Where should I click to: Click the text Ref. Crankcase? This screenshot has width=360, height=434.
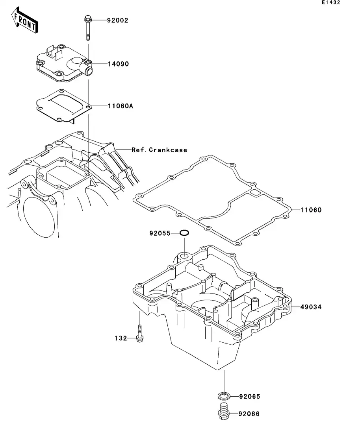pyautogui.click(x=159, y=150)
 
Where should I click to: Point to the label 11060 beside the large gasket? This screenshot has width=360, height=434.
pyautogui.click(x=311, y=210)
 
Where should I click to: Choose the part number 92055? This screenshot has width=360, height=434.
pyautogui.click(x=160, y=233)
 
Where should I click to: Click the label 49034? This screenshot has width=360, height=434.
pyautogui.click(x=311, y=307)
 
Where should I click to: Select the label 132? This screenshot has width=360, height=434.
pyautogui.click(x=121, y=338)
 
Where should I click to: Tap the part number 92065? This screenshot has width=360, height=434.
pyautogui.click(x=249, y=397)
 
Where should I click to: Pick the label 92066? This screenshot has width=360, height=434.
pyautogui.click(x=249, y=414)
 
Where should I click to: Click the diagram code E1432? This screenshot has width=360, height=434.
pyautogui.click(x=330, y=2)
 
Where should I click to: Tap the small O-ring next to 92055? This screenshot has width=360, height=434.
pyautogui.click(x=184, y=233)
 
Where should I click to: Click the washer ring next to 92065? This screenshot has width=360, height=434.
pyautogui.click(x=224, y=395)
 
